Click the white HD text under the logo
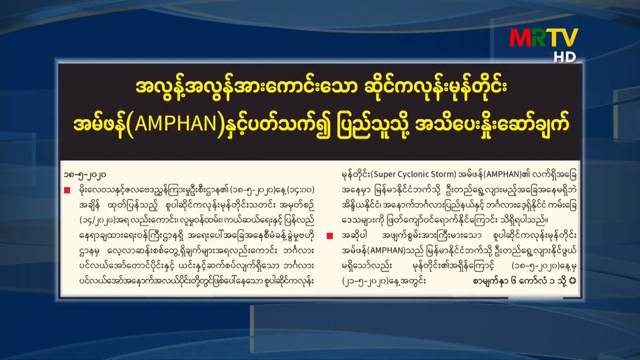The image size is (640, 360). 565,57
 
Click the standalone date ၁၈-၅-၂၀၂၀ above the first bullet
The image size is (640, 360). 85,175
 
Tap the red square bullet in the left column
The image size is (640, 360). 67,190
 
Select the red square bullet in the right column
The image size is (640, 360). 330,236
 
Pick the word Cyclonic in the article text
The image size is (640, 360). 412,174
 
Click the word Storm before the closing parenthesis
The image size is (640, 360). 442,174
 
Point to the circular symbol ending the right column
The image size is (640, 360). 573,281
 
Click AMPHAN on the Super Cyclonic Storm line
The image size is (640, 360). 504,174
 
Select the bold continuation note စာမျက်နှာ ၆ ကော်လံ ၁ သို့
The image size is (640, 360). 520,281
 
